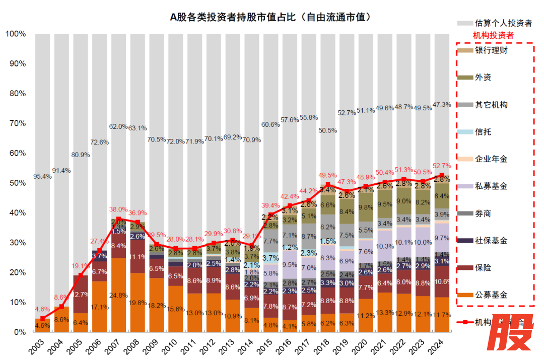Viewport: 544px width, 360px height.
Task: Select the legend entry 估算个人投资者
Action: pos(502,23)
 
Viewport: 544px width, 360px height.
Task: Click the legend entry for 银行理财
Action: pos(491,50)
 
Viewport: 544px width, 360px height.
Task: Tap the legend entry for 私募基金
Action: pos(491,186)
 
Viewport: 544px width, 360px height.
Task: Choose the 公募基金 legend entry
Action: pos(491,295)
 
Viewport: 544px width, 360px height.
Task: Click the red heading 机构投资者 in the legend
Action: pos(493,36)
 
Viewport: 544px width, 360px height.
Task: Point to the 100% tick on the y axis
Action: pos(15,34)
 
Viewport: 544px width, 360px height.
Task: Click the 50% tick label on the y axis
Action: pos(17,183)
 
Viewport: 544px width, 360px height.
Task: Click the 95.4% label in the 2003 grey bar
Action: pos(43,177)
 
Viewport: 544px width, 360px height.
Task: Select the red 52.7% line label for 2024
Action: pos(442,166)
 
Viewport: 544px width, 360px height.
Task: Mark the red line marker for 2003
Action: pos(43,318)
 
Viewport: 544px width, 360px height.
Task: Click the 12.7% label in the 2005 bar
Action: pos(81,294)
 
